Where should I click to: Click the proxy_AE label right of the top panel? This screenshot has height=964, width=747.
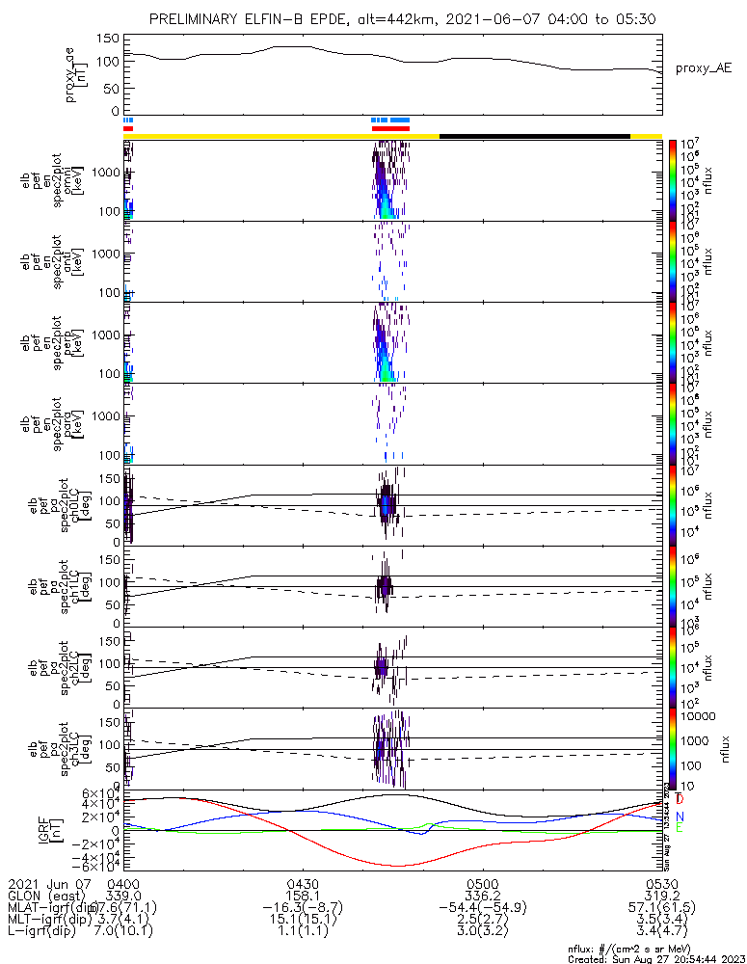pos(703,68)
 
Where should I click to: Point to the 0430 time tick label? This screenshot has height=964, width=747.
pos(303,883)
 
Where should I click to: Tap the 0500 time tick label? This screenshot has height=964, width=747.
pos(482,883)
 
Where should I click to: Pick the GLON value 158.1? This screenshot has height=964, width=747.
pos(303,896)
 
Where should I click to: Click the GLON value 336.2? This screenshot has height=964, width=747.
pos(482,896)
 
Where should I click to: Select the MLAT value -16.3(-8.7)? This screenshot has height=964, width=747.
pos(303,908)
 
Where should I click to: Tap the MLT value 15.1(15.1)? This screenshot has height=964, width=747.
pos(303,921)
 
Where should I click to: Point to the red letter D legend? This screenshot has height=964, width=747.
pos(680,799)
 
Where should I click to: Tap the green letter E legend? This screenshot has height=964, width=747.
pos(680,828)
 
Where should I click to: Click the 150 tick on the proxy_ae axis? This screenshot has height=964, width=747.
pos(108,39)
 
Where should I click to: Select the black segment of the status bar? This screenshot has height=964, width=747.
pos(534,136)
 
